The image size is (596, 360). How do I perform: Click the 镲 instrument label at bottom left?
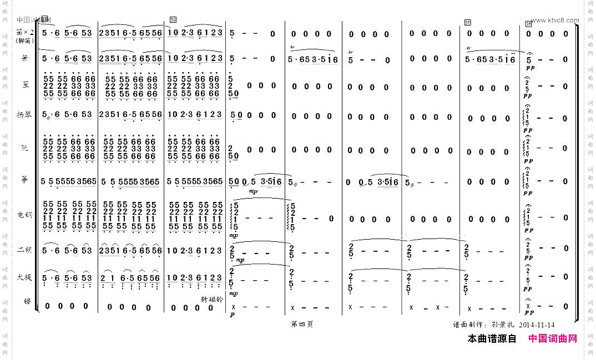coord(26,302)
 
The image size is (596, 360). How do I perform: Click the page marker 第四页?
coord(302,324)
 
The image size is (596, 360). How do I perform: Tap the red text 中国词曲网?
coord(552,338)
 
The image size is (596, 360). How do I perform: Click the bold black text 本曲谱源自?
coord(492,338)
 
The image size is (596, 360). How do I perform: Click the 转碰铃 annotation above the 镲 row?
coord(211,298)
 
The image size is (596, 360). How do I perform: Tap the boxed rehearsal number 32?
coord(173,21)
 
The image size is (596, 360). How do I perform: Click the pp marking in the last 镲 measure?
coord(528,316)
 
